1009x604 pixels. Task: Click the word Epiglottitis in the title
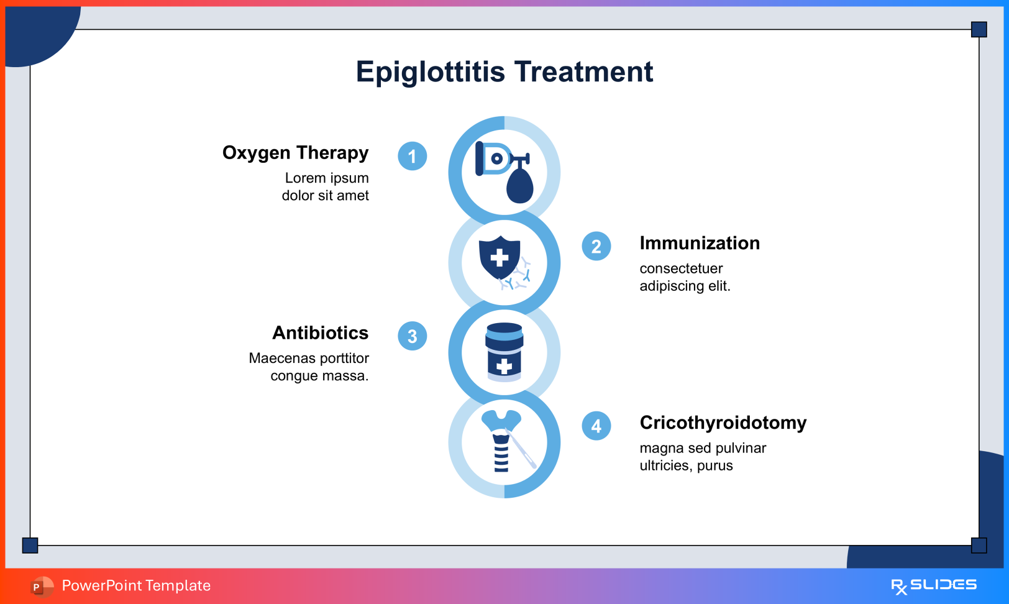pos(430,72)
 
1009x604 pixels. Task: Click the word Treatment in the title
pos(583,72)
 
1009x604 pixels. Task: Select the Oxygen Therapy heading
pos(295,153)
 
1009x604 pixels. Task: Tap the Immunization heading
pos(700,243)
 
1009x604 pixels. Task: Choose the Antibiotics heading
pos(320,333)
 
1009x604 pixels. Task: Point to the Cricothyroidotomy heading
pos(723,423)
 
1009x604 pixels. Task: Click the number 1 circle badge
pos(412,156)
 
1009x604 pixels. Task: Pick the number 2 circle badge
pos(596,247)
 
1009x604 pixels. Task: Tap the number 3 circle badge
pos(412,336)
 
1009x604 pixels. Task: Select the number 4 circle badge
pos(596,426)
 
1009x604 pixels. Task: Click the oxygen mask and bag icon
pos(504,172)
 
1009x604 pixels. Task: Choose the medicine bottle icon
pos(504,352)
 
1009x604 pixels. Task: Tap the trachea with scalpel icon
pos(506,442)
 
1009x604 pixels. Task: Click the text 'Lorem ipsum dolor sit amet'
pos(326,186)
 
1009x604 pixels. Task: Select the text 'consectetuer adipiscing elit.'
pos(685,277)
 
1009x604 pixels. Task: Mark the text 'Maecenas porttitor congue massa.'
pos(309,367)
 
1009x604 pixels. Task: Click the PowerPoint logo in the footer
pos(41,586)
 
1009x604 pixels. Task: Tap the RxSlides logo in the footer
pos(933,585)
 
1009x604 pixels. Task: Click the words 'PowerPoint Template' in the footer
pos(136,585)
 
